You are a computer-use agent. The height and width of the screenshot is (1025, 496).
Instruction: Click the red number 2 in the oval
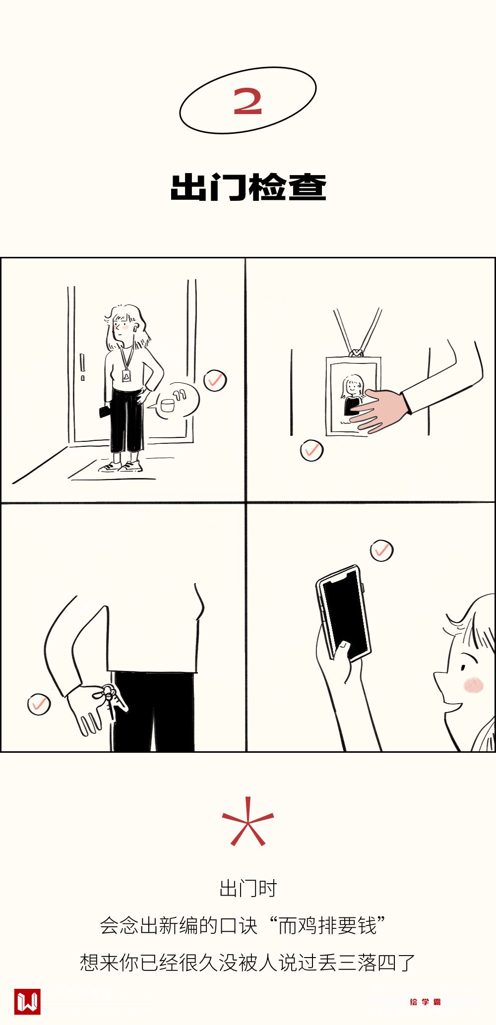point(248,101)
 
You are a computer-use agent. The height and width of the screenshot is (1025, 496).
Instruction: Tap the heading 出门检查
point(248,187)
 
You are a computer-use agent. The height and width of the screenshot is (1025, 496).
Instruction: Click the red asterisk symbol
point(248,821)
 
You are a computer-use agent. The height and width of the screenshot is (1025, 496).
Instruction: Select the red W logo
point(27,1001)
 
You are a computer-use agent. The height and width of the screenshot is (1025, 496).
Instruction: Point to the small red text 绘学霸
point(425,1002)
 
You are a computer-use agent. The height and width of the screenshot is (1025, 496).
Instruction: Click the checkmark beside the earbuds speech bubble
point(215,380)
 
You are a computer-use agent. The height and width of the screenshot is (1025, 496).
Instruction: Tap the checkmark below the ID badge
point(311,450)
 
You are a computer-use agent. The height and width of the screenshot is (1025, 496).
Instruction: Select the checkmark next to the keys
point(39,704)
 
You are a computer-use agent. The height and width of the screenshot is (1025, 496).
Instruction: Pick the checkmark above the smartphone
point(381,550)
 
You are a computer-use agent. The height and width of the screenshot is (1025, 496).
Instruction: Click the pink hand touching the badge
point(380,409)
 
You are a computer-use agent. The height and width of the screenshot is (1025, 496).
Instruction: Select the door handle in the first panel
point(82,366)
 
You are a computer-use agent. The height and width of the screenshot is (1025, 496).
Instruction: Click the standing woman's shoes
point(122,467)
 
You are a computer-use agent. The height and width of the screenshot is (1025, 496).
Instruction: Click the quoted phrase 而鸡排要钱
point(327,925)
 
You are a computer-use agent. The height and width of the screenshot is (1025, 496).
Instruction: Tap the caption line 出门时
point(248,889)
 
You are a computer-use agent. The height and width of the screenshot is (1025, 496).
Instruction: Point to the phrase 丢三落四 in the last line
point(357,963)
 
